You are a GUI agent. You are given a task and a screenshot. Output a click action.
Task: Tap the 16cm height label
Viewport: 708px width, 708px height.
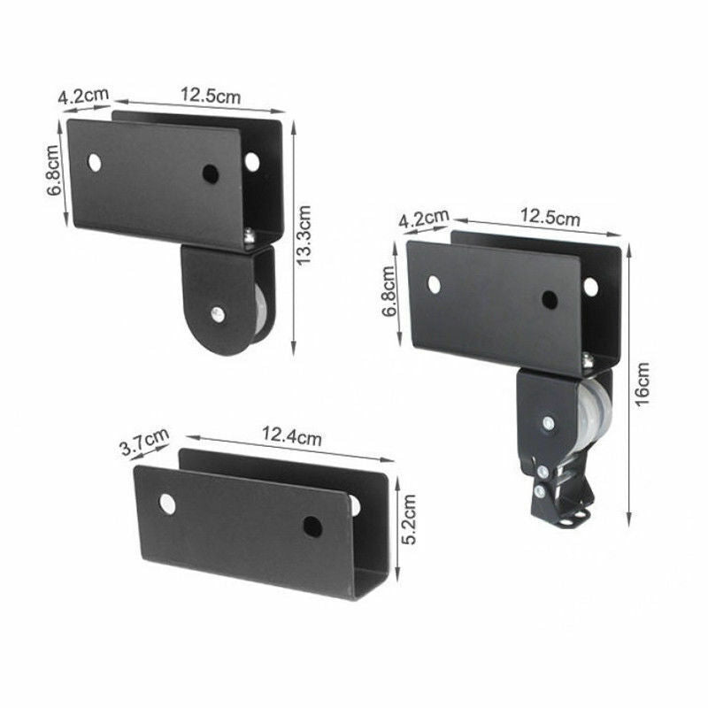click(643, 382)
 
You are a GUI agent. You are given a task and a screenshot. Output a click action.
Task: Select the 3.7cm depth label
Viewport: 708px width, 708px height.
click(143, 442)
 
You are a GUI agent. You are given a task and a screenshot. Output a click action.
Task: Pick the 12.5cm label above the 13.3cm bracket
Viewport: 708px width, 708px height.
click(211, 94)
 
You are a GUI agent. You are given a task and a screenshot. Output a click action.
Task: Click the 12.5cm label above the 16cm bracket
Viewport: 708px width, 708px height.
click(550, 217)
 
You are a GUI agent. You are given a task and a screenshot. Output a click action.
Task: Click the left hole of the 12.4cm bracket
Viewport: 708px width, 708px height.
click(167, 504)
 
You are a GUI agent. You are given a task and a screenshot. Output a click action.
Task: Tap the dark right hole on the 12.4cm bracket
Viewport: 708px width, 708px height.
click(312, 527)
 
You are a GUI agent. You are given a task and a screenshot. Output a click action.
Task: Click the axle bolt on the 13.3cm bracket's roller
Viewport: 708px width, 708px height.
click(218, 313)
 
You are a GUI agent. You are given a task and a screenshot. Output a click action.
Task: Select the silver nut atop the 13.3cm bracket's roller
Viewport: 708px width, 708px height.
click(250, 235)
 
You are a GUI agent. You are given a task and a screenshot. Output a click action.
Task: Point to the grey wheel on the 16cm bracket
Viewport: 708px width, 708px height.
click(588, 416)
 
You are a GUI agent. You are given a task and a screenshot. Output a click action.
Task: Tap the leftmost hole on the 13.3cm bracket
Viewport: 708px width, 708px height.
click(94, 163)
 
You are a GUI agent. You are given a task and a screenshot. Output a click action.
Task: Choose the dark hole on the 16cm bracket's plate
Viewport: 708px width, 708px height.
click(550, 300)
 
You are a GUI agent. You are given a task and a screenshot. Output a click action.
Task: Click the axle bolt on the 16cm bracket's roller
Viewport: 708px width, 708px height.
click(548, 423)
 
